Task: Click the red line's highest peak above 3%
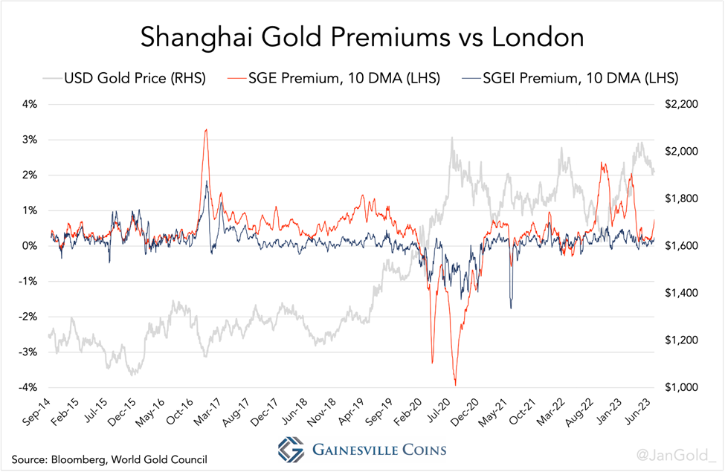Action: click(206, 130)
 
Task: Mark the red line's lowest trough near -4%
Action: click(455, 384)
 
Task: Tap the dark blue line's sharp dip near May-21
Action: click(512, 307)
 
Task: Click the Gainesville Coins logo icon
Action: click(291, 450)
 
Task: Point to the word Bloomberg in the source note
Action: click(79, 459)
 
